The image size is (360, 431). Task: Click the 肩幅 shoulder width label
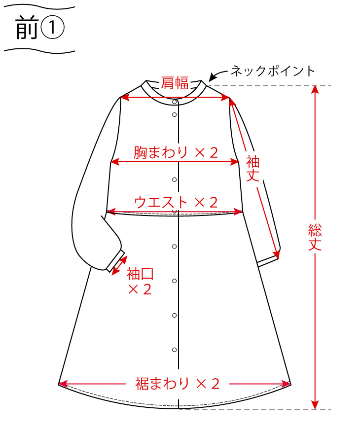point(175,84)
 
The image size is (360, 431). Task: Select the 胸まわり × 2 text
point(175,153)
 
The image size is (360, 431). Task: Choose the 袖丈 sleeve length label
point(253,169)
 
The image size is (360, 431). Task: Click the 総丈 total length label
point(315,237)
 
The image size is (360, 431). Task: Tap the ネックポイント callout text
point(273,71)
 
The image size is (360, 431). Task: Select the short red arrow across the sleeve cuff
point(119,264)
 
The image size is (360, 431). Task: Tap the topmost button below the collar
point(175,102)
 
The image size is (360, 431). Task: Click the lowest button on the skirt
point(175,350)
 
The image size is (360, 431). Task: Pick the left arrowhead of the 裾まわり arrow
point(61,383)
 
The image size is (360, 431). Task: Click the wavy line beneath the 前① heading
point(39,49)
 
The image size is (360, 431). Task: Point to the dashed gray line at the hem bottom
point(256,409)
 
